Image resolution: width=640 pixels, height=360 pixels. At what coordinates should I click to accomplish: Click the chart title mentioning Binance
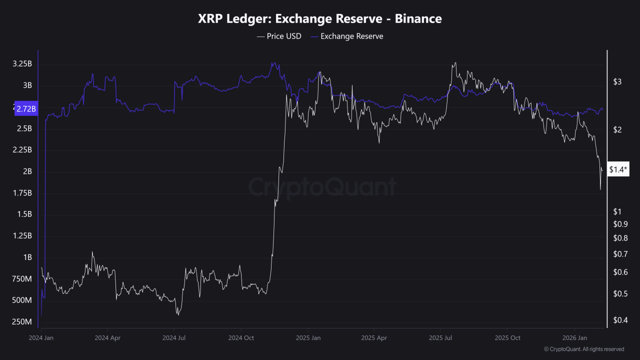coord(320,19)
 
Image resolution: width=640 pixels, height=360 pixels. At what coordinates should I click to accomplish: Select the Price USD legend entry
coord(279,36)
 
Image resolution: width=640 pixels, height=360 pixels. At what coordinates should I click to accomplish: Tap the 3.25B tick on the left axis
coord(22,64)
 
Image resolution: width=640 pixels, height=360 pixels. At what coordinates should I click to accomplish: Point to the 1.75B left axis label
coord(22,193)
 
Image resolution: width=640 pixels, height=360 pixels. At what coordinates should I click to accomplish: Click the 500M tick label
coord(22,300)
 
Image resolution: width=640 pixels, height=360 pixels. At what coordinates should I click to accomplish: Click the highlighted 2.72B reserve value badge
coord(26,109)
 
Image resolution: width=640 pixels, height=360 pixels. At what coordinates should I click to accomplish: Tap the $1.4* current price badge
coord(618,170)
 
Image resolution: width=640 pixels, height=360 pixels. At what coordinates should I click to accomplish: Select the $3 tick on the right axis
coord(617,82)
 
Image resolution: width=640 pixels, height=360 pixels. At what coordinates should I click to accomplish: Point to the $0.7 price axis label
coord(620,254)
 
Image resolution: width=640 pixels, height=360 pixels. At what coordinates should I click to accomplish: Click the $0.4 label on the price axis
coord(620,320)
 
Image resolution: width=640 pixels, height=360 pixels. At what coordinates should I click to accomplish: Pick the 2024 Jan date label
coord(41,338)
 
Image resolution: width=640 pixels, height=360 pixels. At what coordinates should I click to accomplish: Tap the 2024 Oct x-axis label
coord(241,338)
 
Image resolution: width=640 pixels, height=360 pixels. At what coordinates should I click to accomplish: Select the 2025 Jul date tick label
coord(440,338)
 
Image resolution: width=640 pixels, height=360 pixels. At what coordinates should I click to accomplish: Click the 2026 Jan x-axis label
coord(575,338)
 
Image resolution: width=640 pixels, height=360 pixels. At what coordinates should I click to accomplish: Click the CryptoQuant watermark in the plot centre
coord(322,187)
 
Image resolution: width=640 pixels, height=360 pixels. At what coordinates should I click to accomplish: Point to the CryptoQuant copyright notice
coord(583,349)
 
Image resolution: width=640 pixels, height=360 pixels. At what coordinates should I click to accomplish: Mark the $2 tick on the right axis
coord(617,130)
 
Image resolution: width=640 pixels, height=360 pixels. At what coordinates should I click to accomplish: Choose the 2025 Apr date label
coord(374,338)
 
